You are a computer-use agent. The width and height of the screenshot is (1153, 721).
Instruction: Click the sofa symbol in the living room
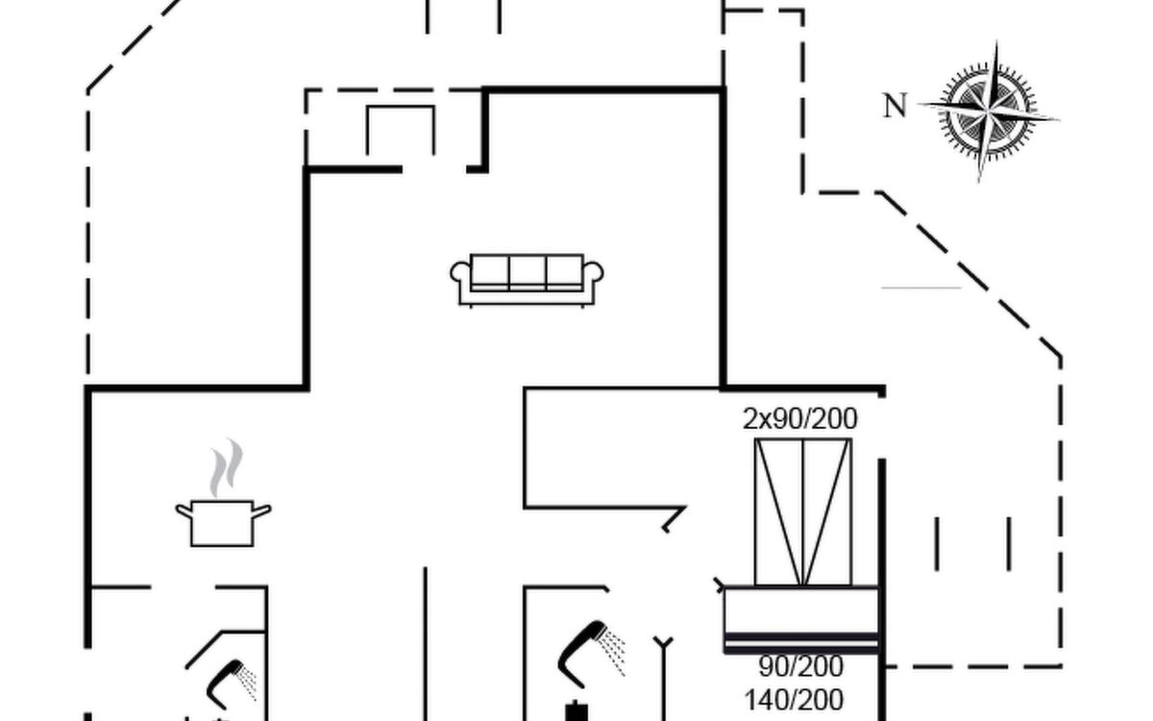[x=527, y=280]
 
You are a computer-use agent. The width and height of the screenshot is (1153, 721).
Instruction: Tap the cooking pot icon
[x=223, y=523]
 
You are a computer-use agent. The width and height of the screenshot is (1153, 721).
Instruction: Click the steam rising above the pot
[x=226, y=467]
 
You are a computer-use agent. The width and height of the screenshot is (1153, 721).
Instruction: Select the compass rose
[x=989, y=112]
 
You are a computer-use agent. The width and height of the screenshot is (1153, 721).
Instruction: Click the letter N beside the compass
[x=895, y=106]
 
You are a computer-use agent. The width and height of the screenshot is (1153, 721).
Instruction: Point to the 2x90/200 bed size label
[x=799, y=419]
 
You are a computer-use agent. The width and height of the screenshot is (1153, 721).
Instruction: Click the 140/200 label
[x=794, y=700]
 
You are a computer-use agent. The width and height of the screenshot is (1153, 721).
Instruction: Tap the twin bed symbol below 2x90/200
[x=803, y=511]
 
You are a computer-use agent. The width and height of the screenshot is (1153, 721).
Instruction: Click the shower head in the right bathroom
[x=581, y=654]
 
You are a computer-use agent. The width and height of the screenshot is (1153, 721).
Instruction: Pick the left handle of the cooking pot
[x=184, y=510]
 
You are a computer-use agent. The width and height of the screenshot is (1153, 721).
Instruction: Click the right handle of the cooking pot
[x=261, y=510]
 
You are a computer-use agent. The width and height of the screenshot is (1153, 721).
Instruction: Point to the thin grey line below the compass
[x=921, y=287]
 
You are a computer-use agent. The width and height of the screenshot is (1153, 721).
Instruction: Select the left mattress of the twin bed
[x=779, y=511]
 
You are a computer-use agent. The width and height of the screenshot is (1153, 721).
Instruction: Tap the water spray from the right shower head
[x=614, y=652]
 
